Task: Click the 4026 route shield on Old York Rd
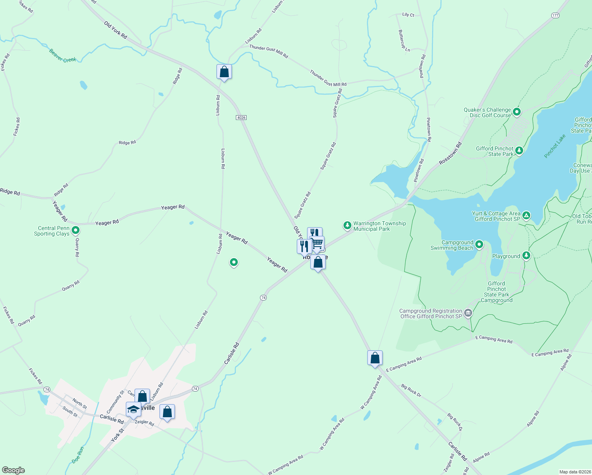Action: click(241, 118)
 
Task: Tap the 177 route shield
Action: click(555, 15)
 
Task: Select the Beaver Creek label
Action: click(63, 56)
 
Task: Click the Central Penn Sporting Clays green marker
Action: click(76, 230)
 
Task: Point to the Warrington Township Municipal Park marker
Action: click(347, 225)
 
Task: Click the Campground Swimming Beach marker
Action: click(479, 244)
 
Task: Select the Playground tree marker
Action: click(526, 255)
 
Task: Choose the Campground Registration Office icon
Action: click(468, 313)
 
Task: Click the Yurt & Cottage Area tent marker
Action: click(526, 215)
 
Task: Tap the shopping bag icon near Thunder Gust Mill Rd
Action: click(224, 72)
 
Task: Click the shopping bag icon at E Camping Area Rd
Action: click(375, 358)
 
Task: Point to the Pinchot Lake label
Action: click(555, 146)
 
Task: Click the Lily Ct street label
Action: click(408, 15)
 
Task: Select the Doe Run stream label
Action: click(78, 455)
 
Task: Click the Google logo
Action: click(13, 470)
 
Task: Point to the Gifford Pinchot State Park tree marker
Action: click(519, 150)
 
